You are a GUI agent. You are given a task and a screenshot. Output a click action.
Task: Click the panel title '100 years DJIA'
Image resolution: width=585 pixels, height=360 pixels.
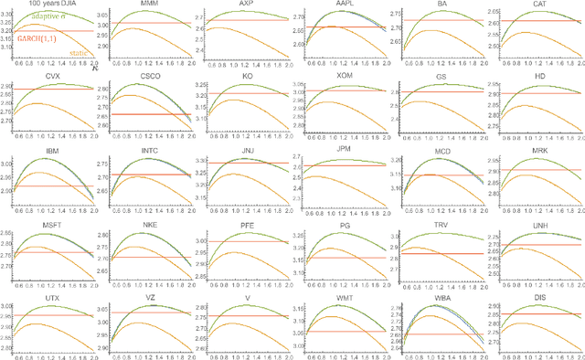[54, 6]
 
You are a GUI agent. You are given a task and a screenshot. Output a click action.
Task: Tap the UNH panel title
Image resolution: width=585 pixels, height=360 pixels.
[539, 225]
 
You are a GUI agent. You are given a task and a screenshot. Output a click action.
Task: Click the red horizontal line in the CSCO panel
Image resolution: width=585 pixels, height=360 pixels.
[150, 114]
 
